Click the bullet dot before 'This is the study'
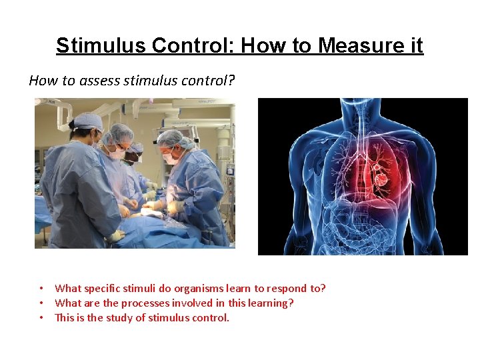coord(41,317)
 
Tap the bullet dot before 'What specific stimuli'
coord(41,289)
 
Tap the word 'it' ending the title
coord(415,45)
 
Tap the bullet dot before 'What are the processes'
coord(41,303)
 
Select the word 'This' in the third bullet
coord(65,317)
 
